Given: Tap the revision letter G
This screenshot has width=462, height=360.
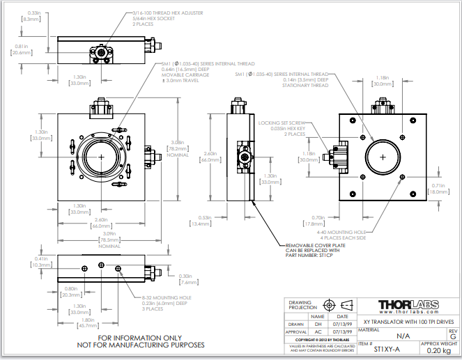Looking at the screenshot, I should click(453, 336).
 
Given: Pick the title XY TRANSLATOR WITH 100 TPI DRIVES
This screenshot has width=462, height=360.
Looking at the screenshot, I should click(403, 320).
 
